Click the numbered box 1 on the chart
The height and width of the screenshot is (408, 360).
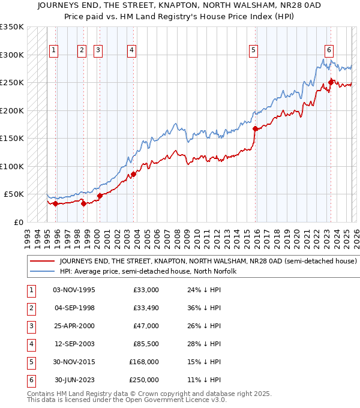(x=55, y=51)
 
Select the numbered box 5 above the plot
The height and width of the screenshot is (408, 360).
(x=254, y=51)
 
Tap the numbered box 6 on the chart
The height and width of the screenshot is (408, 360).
(x=329, y=51)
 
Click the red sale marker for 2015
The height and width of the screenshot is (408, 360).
(x=256, y=128)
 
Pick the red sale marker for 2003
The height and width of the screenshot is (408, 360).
(x=133, y=174)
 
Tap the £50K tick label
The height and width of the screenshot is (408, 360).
(x=14, y=194)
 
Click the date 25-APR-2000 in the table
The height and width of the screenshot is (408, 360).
(x=74, y=326)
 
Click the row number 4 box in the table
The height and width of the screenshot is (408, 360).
(x=30, y=344)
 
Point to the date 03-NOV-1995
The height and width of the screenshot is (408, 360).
(x=74, y=290)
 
